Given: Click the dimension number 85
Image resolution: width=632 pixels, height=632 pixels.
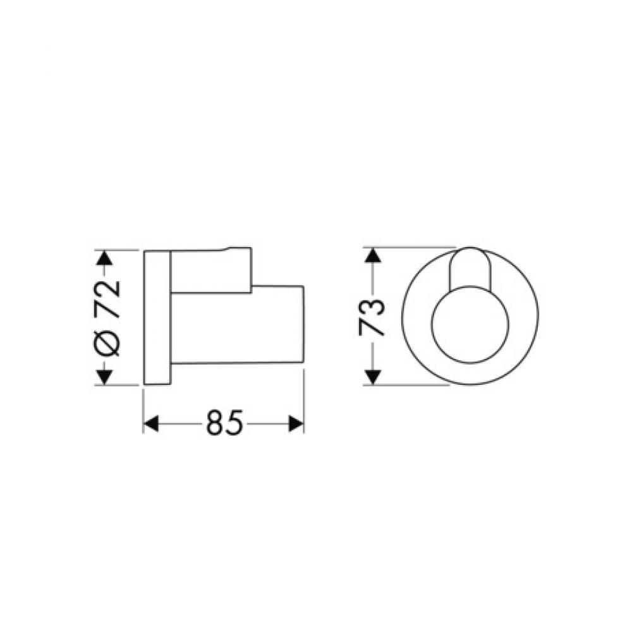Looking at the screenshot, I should (x=224, y=423).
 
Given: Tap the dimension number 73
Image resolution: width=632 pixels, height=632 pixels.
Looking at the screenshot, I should (x=372, y=317).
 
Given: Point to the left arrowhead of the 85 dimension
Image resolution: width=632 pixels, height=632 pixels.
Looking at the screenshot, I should (x=150, y=423).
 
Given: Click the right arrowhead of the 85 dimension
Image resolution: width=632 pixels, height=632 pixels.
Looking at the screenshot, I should (x=297, y=423).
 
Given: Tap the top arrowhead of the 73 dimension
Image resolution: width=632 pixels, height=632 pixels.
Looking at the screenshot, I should (x=373, y=255).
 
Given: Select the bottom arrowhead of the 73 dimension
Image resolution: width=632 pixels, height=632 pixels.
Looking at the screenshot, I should (x=373, y=377).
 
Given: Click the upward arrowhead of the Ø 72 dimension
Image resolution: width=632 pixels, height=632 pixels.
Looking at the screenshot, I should (x=105, y=258).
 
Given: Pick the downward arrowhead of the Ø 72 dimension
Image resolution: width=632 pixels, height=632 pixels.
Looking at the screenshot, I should (x=105, y=377).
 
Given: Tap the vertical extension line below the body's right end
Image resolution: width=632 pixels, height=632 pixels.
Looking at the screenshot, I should (x=305, y=398).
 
